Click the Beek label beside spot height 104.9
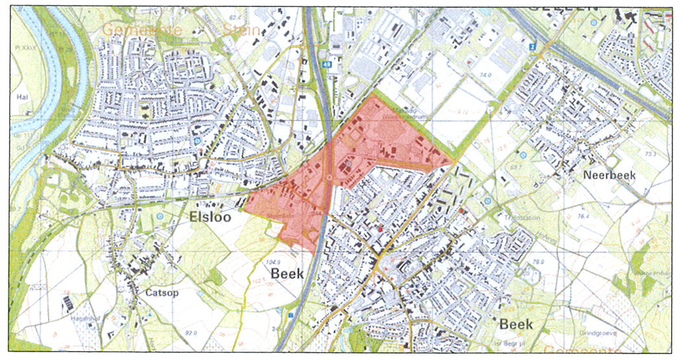287,274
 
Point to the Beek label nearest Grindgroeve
516,324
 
